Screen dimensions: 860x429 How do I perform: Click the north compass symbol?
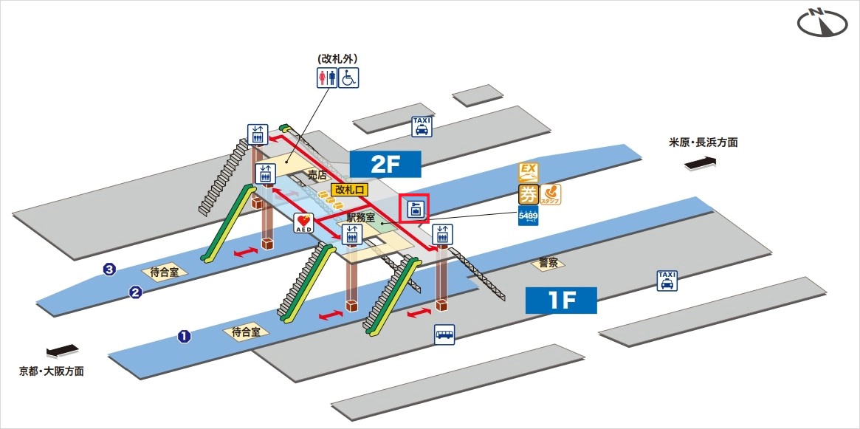pos(823,23)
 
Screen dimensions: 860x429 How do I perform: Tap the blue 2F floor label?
pos(385,164)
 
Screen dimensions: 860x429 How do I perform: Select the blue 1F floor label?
pos(560,301)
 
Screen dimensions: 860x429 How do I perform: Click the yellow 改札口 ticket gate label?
pos(350,190)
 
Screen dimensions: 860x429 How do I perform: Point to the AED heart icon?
pos(303,223)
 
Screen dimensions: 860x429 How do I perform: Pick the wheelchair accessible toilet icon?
pos(348,77)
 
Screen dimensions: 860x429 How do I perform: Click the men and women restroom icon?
pos(326,77)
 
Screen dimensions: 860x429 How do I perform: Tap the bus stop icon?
pos(444,334)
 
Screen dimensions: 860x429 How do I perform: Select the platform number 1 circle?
pos(184,337)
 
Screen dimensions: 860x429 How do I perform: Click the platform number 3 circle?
pos(110,270)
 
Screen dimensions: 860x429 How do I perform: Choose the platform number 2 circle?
pos(135,292)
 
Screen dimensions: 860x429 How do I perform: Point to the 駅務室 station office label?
pos(361,218)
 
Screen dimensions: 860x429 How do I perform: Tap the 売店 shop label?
pos(317,175)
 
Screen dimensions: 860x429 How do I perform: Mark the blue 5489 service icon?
pos(528,216)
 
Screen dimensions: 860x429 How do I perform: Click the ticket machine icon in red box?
pos(414,209)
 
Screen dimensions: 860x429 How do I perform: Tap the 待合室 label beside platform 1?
pos(246,332)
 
